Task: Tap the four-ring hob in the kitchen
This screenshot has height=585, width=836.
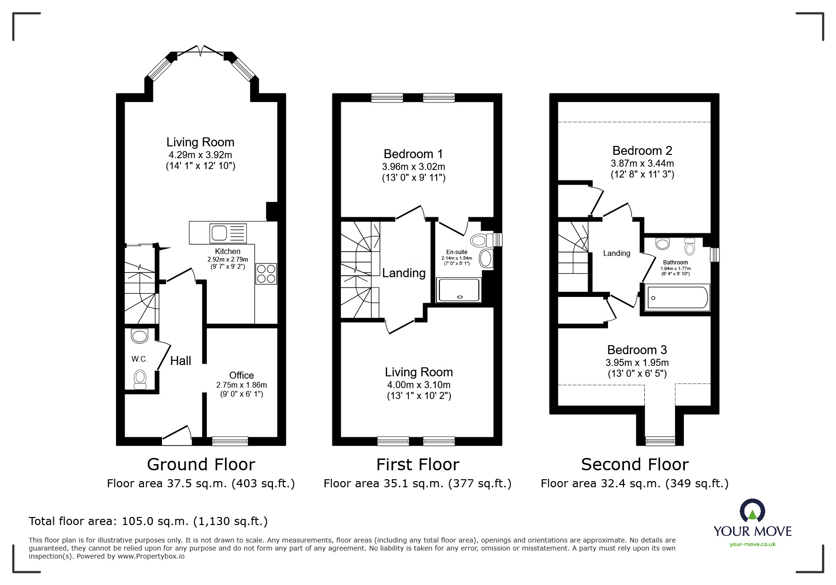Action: [x=266, y=273]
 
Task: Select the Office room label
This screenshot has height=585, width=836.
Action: [x=241, y=375]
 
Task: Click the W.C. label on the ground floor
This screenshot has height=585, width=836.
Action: [x=139, y=359]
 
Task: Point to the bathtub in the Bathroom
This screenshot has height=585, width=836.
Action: [x=677, y=297]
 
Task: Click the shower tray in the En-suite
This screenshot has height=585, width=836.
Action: [x=458, y=290]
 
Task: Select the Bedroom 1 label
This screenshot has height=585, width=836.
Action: [x=413, y=154]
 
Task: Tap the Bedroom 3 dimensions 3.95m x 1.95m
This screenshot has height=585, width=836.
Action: [x=637, y=363]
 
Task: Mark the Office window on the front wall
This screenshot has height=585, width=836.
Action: [x=230, y=441]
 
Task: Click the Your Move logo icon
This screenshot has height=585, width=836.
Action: [x=752, y=511]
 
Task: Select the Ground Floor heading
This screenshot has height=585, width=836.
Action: [x=201, y=465]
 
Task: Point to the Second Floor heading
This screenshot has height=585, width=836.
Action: [x=634, y=465]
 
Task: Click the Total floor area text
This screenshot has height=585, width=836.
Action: [x=148, y=521]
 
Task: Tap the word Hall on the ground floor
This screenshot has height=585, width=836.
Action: [x=180, y=361]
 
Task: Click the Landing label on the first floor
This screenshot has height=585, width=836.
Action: [x=404, y=273]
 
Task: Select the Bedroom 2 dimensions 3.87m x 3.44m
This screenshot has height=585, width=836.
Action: [x=642, y=163]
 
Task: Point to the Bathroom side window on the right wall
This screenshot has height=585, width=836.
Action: [x=715, y=254]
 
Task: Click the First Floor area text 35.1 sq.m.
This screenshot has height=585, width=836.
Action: [x=417, y=483]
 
